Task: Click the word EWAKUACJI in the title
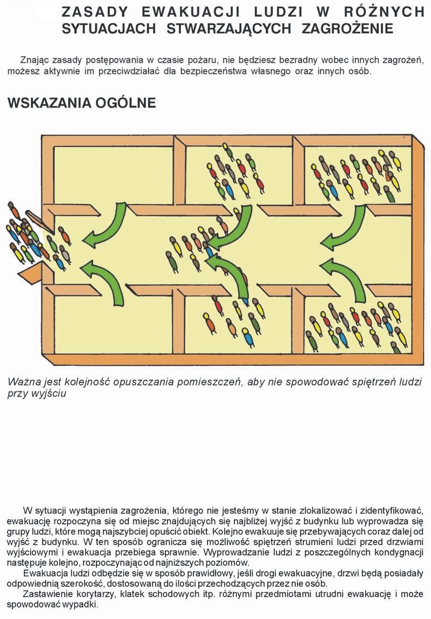pyautogui.click(x=191, y=12)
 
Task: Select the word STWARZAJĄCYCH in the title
pyautogui.click(x=229, y=29)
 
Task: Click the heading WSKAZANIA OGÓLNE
pyautogui.click(x=82, y=103)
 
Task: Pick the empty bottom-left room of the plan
pyautogui.click(x=113, y=324)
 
